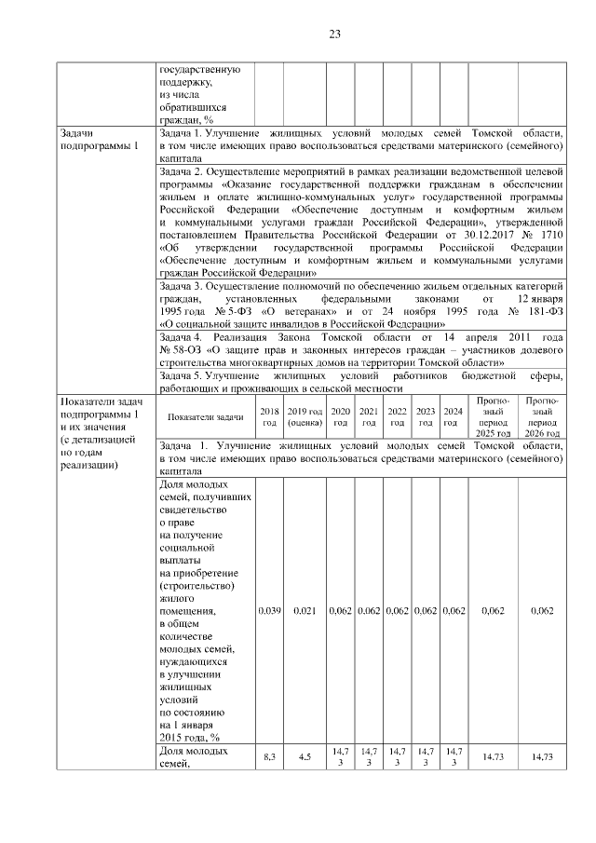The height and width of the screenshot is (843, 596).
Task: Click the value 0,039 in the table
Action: [269, 611]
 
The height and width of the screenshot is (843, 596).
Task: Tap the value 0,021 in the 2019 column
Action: [305, 611]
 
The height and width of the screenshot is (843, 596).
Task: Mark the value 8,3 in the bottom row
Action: [269, 757]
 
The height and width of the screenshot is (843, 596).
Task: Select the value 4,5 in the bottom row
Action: [305, 757]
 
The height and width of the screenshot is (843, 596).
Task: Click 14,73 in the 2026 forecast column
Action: [542, 757]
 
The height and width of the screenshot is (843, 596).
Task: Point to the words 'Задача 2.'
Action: [183, 173]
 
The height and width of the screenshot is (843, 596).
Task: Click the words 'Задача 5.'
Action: [183, 375]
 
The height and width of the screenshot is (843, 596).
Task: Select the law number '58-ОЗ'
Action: [179, 348]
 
